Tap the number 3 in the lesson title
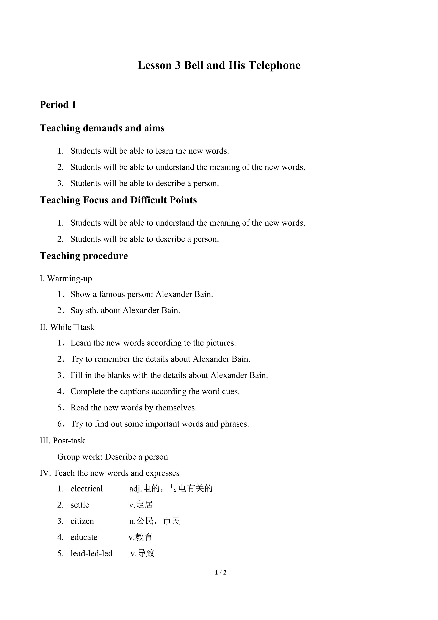[x=178, y=66]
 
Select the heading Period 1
[x=58, y=105]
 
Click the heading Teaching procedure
[x=84, y=256]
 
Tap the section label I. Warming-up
[x=66, y=278]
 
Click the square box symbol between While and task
[x=76, y=327]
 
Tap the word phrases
[x=234, y=424]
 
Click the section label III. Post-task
[x=62, y=440]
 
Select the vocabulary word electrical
[x=87, y=489]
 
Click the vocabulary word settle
[x=80, y=505]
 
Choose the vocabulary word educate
[x=84, y=537]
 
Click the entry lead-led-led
[x=91, y=553]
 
